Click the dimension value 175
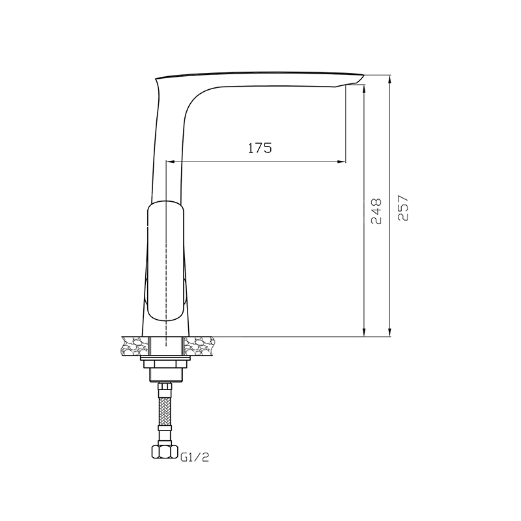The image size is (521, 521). click(x=260, y=148)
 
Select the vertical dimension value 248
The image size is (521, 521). click(x=376, y=212)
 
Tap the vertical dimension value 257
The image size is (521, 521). click(x=402, y=208)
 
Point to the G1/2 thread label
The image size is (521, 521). click(x=195, y=458)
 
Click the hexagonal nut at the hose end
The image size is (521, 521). click(x=163, y=451)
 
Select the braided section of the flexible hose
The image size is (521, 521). click(x=165, y=410)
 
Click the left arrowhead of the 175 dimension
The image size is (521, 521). click(x=170, y=162)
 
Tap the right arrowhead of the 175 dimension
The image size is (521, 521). click(x=341, y=162)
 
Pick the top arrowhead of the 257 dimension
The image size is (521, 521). click(x=390, y=79)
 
